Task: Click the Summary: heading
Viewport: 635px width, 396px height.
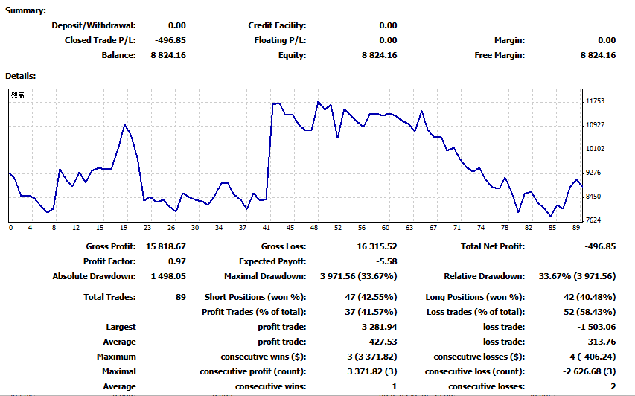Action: [26, 10]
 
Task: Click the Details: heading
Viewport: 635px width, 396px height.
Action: [21, 75]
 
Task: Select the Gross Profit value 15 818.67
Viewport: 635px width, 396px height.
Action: [165, 246]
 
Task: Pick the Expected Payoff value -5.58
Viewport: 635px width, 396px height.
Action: [386, 261]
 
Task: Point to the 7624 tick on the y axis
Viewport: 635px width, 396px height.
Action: [594, 220]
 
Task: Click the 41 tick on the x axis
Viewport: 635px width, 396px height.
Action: [267, 228]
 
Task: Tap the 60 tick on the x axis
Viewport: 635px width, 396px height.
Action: [386, 228]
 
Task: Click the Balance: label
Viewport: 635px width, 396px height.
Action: [118, 55]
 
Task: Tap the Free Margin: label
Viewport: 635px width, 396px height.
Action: [500, 55]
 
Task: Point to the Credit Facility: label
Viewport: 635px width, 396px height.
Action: [277, 25]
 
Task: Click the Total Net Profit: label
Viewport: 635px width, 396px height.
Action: [492, 246]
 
